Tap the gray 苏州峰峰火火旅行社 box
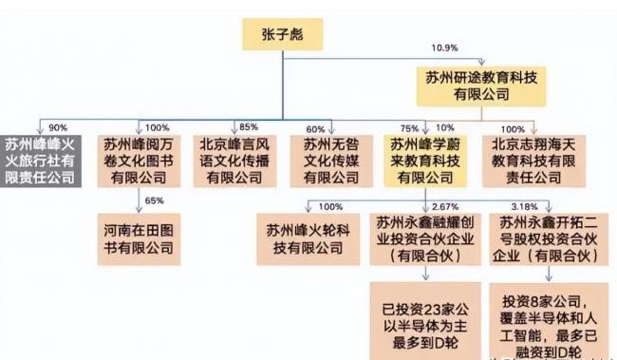[x=45, y=162]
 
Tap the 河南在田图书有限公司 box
[x=139, y=237]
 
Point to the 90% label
[x=58, y=127]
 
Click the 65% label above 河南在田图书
[x=154, y=201]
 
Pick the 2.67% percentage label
[x=445, y=206]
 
